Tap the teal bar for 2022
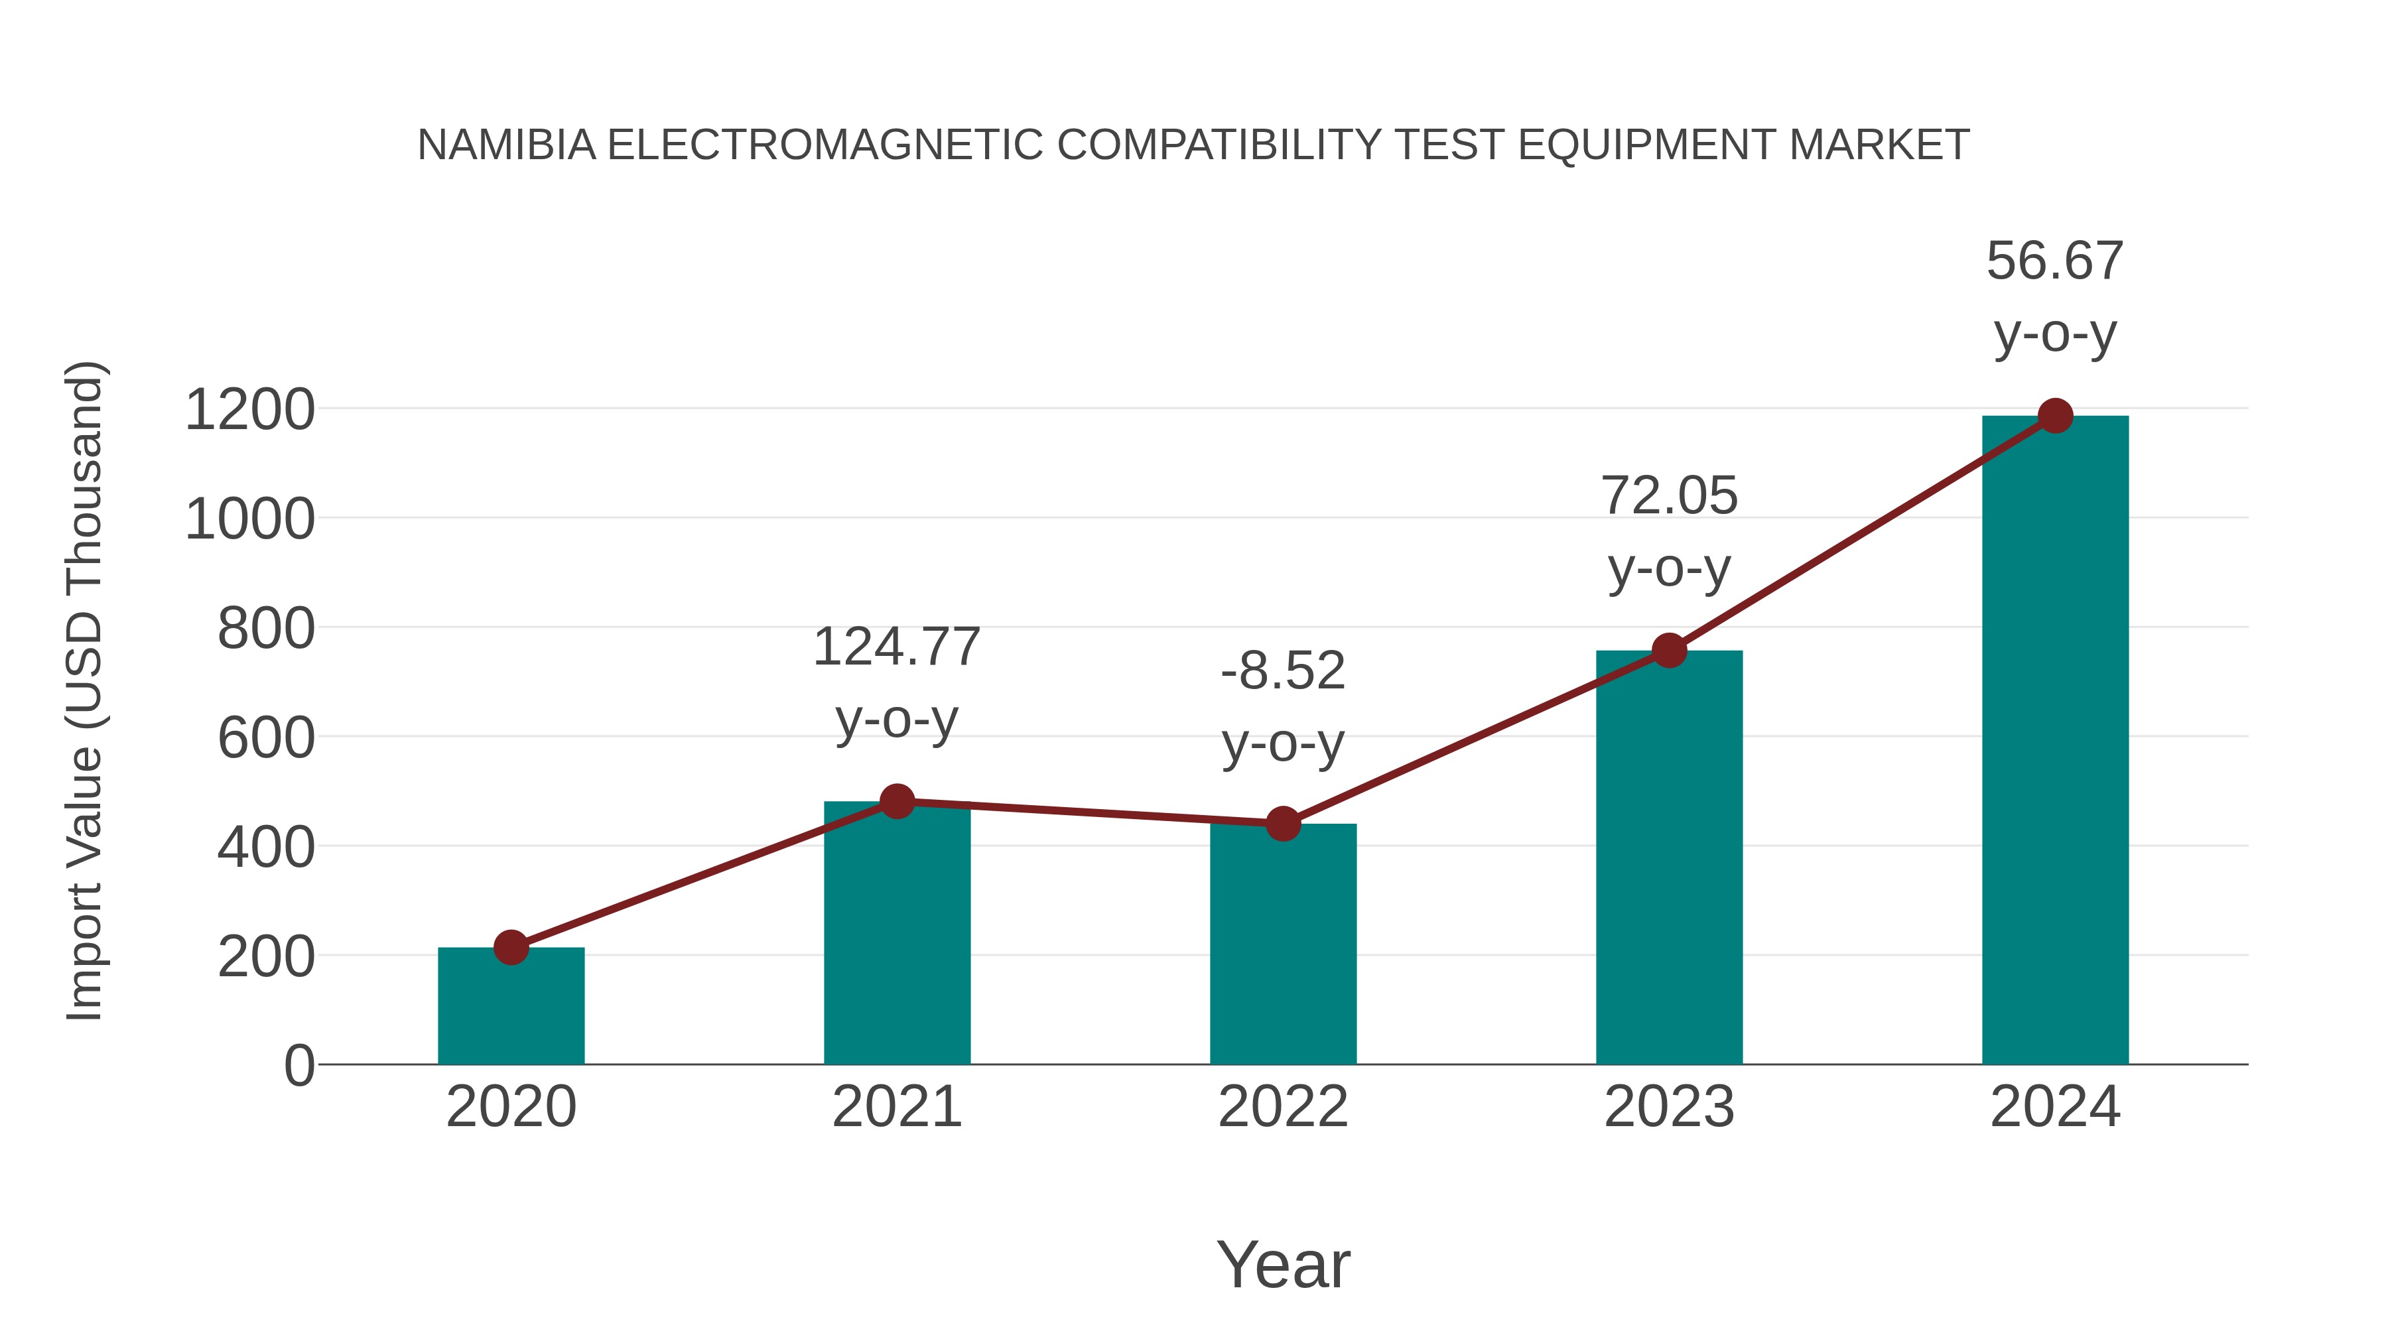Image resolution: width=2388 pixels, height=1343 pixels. pyautogui.click(x=1283, y=944)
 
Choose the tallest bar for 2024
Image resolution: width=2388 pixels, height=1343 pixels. pyautogui.click(x=2055, y=741)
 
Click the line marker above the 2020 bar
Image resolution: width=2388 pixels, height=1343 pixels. pyautogui.click(x=511, y=947)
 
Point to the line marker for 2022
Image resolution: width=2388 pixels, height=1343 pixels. pyautogui.click(x=1283, y=823)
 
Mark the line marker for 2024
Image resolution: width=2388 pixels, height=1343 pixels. pyautogui.click(x=2055, y=416)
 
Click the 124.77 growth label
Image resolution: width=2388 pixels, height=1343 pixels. pyautogui.click(x=896, y=647)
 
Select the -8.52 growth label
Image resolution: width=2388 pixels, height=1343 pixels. pyautogui.click(x=1283, y=671)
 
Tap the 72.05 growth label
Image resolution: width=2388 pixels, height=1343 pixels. pyautogui.click(x=1669, y=496)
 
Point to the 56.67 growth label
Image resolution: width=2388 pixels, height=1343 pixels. pyautogui.click(x=2055, y=261)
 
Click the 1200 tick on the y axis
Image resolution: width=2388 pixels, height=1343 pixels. pyautogui.click(x=250, y=410)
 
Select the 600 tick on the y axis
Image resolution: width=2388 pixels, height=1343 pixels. pyautogui.click(x=266, y=739)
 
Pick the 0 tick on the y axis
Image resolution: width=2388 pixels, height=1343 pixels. pyautogui.click(x=299, y=1066)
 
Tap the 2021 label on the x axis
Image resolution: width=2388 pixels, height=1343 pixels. pyautogui.click(x=896, y=1107)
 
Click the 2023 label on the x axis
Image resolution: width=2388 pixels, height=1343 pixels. pyautogui.click(x=1669, y=1107)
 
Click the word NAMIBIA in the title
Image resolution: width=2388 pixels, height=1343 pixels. pyautogui.click(x=506, y=145)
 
